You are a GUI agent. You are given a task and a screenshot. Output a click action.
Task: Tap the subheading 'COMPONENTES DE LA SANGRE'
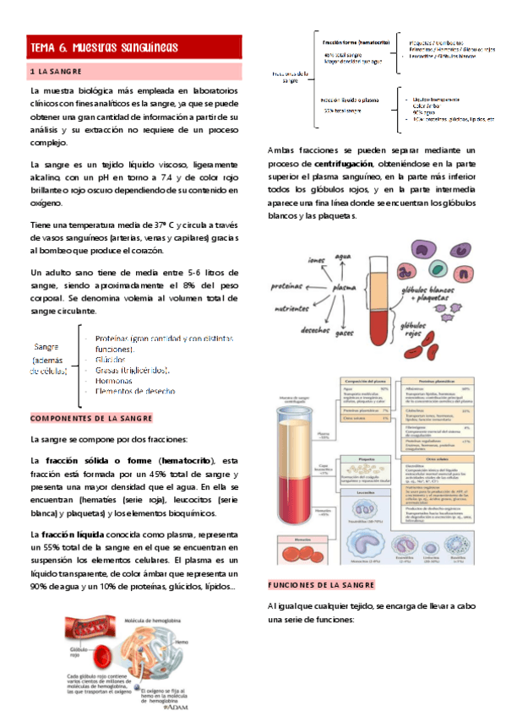point(91,418)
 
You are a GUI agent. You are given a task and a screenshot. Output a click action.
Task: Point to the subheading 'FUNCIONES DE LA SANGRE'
point(320,585)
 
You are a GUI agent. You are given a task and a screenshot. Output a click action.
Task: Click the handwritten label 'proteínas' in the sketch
point(288,286)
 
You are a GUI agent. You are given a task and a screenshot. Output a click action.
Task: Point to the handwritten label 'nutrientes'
point(294,310)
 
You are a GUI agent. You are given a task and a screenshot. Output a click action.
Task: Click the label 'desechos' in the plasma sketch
point(314,329)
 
